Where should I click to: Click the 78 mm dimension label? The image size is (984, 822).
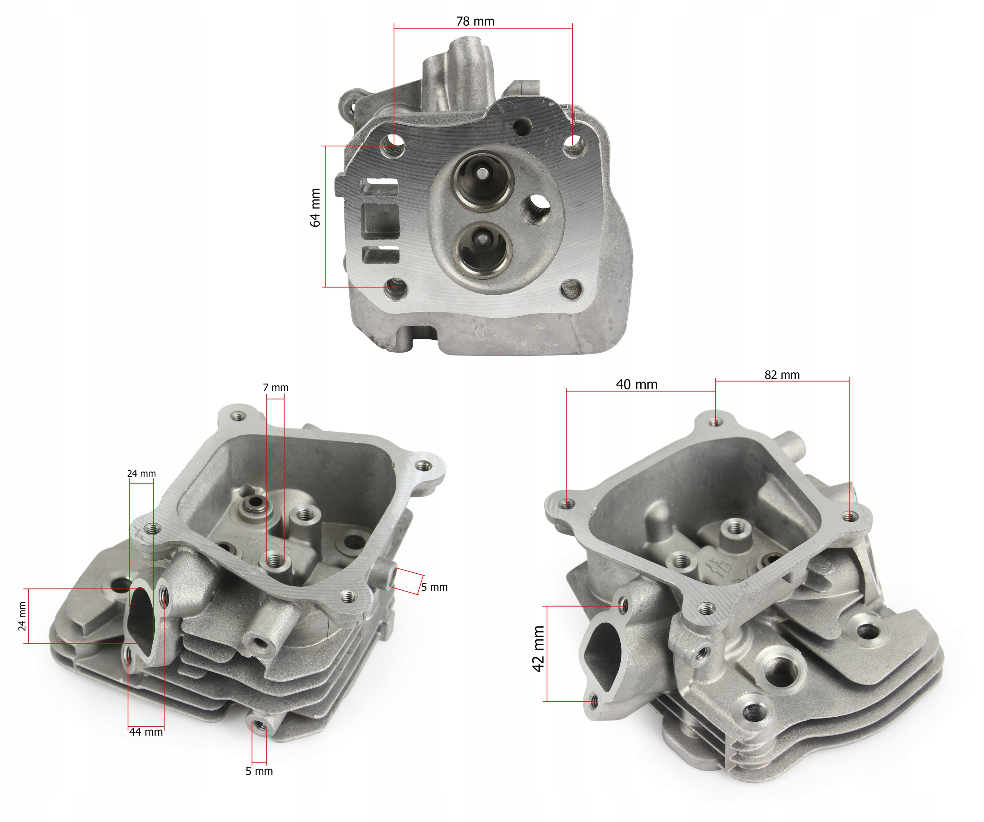pos(475,22)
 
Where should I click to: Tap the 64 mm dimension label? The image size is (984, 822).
pos(315,208)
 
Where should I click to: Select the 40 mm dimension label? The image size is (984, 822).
pos(636,385)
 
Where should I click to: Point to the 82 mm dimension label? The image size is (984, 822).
pos(782,375)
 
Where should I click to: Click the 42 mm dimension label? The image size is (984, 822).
pos(539,649)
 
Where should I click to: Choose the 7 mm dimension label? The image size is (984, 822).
pos(276,388)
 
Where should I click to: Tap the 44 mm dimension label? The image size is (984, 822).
pos(146,732)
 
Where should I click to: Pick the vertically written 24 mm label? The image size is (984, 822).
pos(22,616)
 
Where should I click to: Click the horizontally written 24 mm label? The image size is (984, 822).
pos(141,473)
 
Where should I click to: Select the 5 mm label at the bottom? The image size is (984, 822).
pos(259,771)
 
